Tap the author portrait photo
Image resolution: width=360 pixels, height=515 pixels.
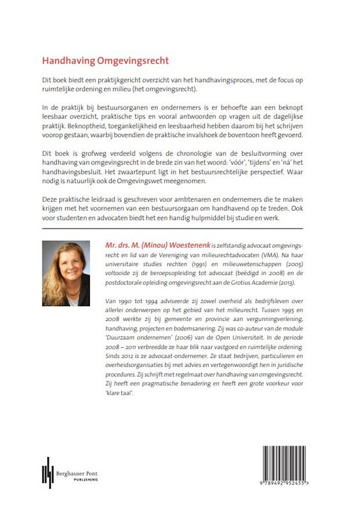[x=65, y=273]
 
